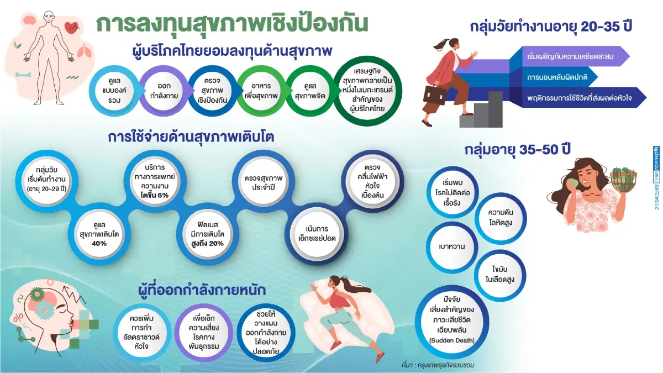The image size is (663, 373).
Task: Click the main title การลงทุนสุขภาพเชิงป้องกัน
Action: click(232, 23)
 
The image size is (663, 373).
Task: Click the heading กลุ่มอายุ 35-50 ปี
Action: click(517, 150)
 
